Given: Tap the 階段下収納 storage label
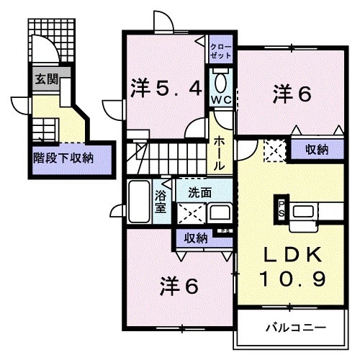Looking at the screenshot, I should [62, 157].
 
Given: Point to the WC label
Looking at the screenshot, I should [220, 100].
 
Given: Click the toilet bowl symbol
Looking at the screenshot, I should [220, 80].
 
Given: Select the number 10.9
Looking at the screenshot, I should [292, 277].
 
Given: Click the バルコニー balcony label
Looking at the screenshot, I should [296, 328].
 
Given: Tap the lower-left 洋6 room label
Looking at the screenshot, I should [178, 286].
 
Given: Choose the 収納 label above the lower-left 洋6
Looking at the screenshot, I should [195, 237].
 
